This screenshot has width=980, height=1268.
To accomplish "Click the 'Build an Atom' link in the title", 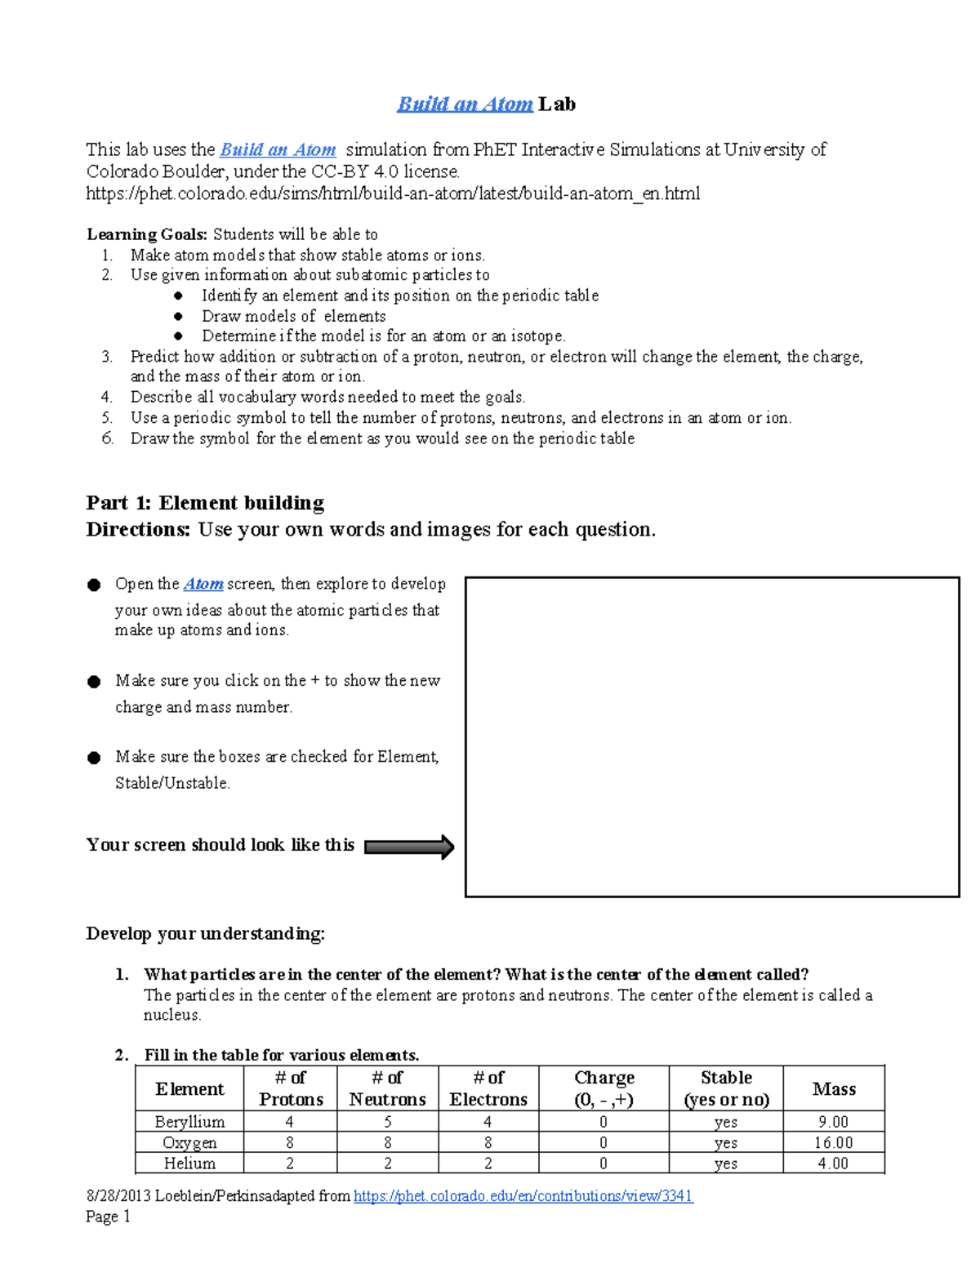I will (x=465, y=105).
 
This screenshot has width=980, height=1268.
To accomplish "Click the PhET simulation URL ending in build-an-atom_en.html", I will (x=393, y=194).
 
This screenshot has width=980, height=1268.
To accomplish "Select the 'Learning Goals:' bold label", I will (x=147, y=234).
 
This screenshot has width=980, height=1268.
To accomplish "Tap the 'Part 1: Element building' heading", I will (x=205, y=503).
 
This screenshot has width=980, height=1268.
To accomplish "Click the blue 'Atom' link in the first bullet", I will (x=203, y=584).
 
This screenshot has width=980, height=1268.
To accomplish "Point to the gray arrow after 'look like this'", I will (x=408, y=847).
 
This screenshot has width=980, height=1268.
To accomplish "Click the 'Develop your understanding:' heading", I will (x=205, y=933).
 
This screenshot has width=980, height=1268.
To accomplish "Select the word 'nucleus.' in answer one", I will (x=172, y=1015).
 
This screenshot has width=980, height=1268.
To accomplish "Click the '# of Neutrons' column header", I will (x=387, y=1088).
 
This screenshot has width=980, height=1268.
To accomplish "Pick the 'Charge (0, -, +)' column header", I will (x=604, y=1088).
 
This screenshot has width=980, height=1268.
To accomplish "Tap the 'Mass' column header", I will (x=834, y=1088).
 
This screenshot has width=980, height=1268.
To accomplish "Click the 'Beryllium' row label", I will (x=189, y=1122).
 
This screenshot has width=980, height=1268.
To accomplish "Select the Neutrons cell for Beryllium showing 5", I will (x=387, y=1122).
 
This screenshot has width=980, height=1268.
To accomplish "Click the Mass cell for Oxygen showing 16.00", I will (x=834, y=1143).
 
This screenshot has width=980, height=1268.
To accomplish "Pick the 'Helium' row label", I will (x=189, y=1163).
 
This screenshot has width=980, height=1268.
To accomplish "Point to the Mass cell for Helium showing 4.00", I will (x=834, y=1163).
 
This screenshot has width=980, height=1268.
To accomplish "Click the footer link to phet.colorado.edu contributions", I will (x=523, y=1196).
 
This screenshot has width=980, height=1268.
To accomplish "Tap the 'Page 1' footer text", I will (x=108, y=1217).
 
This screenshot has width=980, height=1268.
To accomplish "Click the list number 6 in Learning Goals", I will (x=107, y=438).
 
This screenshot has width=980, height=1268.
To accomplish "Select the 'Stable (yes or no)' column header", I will (x=726, y=1088).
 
